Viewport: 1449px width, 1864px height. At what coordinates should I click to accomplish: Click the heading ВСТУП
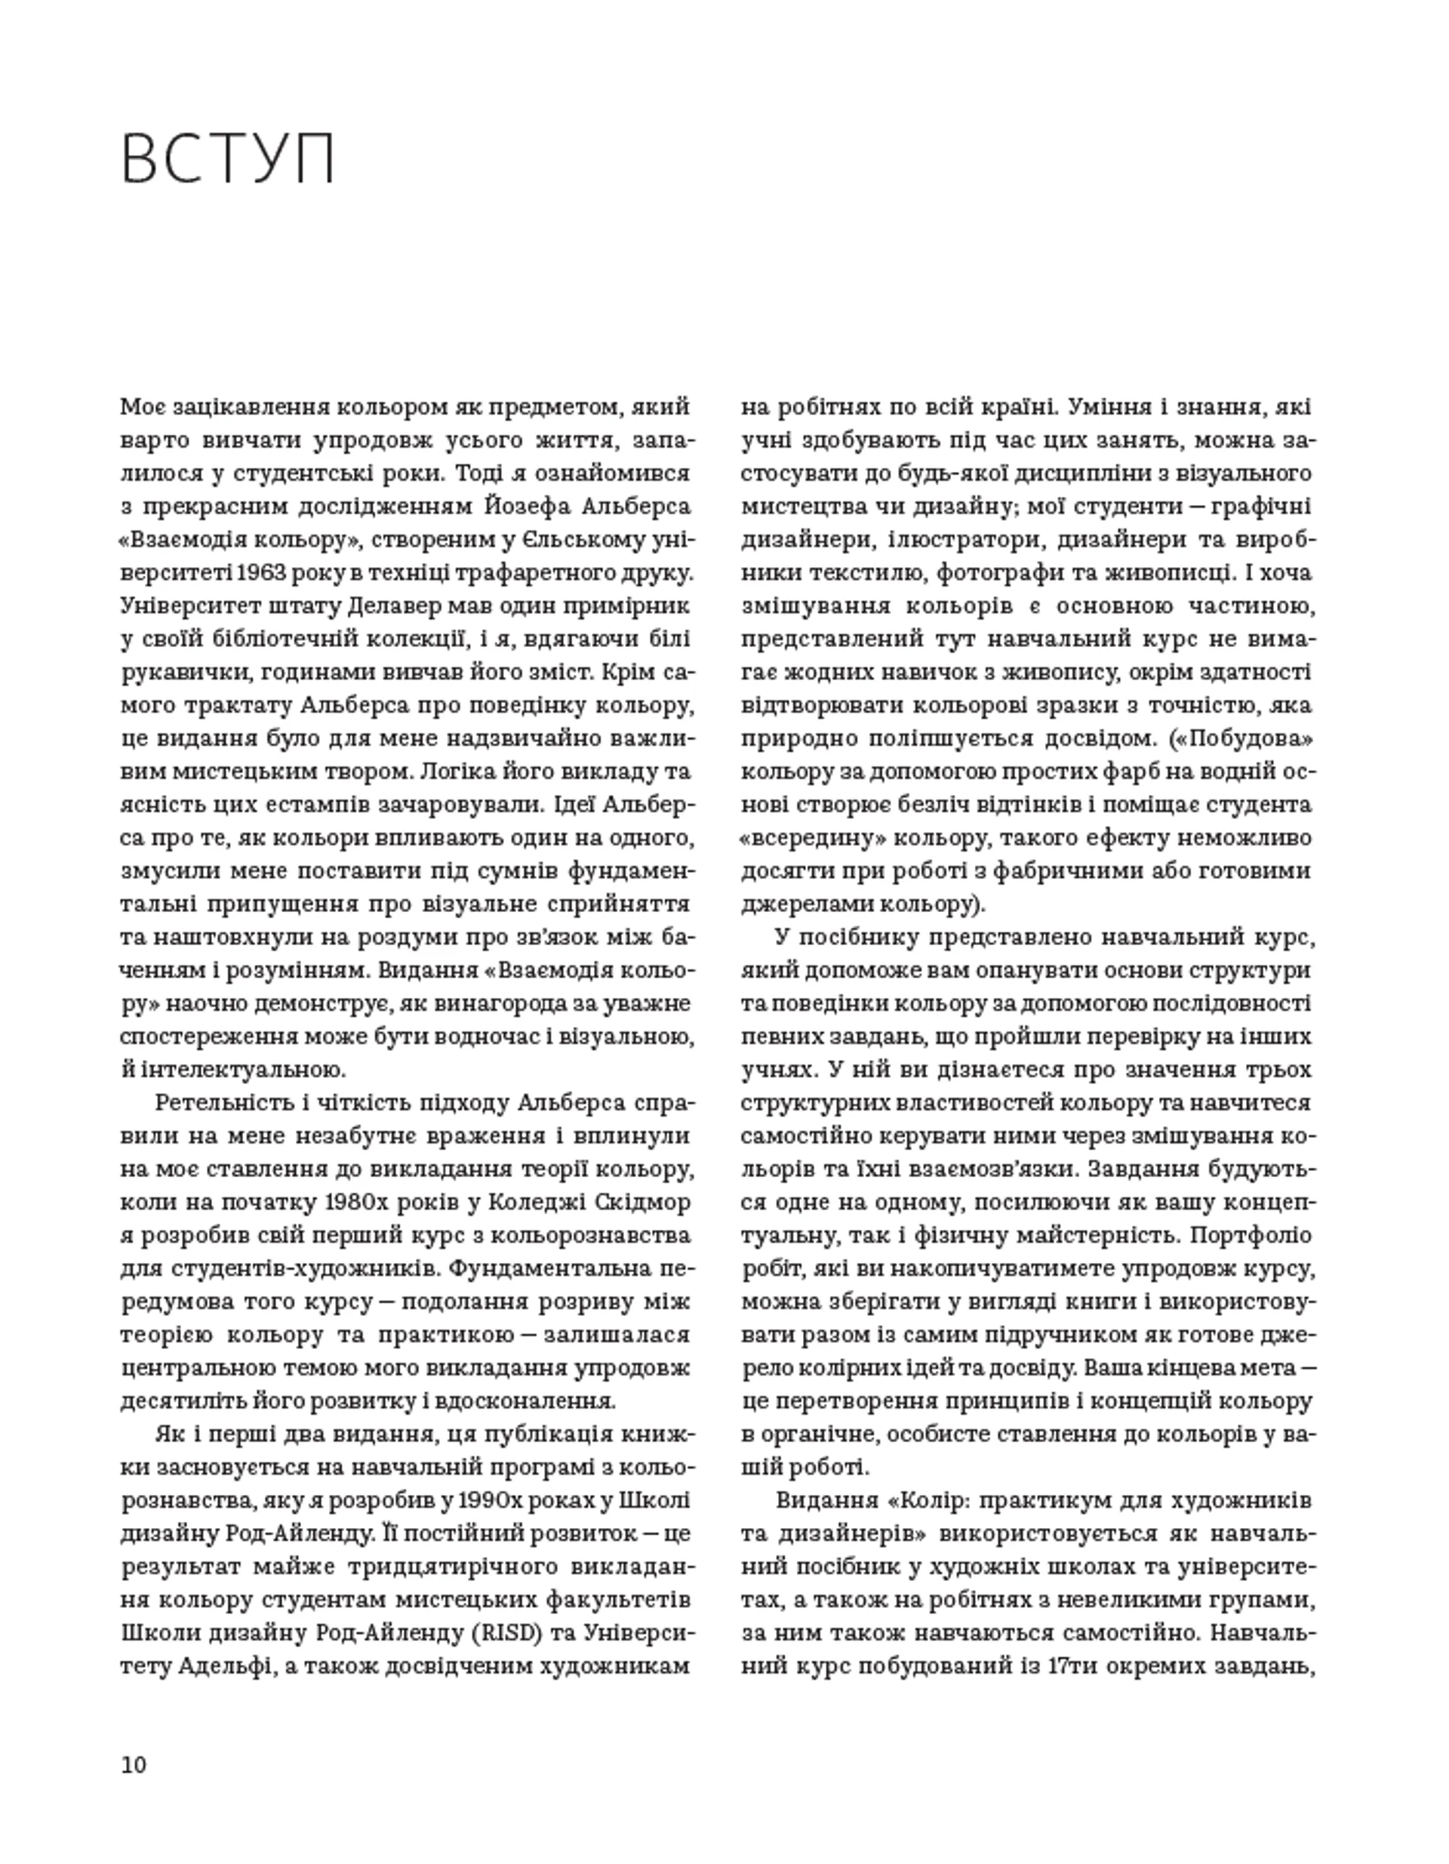tap(228, 159)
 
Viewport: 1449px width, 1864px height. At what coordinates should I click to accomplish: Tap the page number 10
tap(134, 1764)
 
